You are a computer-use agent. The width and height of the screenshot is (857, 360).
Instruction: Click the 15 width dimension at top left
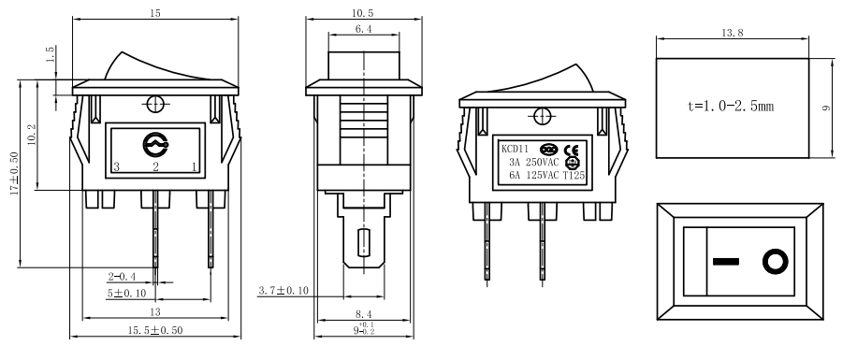[155, 14]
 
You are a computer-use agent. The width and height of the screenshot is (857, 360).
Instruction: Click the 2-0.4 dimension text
[122, 277]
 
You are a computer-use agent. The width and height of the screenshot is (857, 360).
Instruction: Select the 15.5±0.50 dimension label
[155, 331]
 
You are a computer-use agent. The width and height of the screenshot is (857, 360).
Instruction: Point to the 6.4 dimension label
[365, 31]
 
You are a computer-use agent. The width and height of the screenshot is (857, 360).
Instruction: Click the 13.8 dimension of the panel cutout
[734, 33]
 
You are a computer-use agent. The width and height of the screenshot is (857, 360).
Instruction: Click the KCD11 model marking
[516, 148]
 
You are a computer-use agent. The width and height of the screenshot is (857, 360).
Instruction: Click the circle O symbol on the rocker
[775, 261]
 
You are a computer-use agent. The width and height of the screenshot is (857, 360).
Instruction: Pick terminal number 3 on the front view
[116, 167]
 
